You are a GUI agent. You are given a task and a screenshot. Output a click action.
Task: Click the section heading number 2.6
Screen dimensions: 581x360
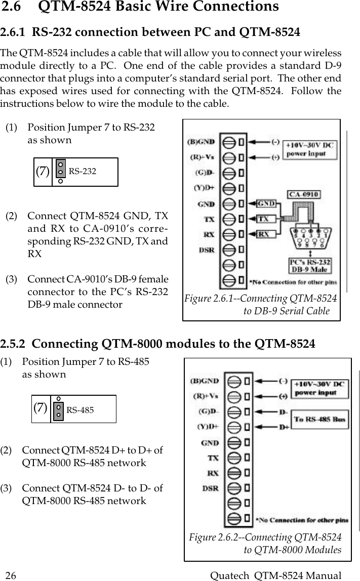click(14, 7)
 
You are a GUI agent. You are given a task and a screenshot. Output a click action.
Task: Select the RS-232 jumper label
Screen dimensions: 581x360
click(82, 172)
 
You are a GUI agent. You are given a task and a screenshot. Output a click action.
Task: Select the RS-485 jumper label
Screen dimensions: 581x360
click(80, 410)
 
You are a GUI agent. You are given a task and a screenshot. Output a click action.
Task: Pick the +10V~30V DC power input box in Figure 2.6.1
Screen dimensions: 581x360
click(310, 149)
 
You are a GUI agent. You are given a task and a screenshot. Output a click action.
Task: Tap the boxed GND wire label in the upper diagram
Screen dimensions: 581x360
click(267, 203)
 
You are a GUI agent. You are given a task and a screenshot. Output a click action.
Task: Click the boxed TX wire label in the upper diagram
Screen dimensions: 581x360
click(264, 219)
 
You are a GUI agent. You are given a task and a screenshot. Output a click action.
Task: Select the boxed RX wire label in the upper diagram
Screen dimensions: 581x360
click(264, 234)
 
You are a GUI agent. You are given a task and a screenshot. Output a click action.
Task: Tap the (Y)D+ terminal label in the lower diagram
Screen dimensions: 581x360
click(208, 426)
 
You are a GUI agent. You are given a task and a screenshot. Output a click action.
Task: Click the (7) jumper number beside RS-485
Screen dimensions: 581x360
click(42, 408)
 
